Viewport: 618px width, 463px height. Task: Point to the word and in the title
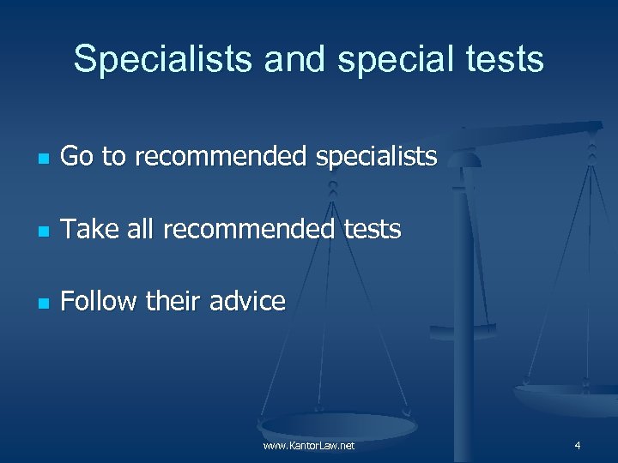(x=294, y=60)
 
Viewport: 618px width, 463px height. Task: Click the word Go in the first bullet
(x=77, y=157)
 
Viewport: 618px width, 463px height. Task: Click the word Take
(x=88, y=230)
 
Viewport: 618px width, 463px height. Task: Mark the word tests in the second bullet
(x=369, y=230)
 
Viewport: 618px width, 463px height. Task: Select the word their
(x=176, y=302)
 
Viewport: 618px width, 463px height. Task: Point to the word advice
(x=250, y=302)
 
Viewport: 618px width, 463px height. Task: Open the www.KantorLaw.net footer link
(x=309, y=446)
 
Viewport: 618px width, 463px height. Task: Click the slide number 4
(x=578, y=446)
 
